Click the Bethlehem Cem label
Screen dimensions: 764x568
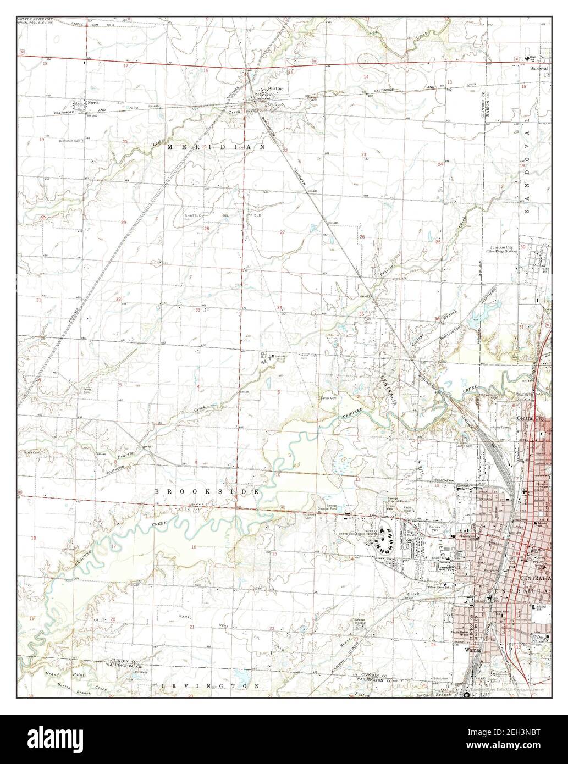pos(70,141)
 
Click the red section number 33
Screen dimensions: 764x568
pos(197,310)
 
